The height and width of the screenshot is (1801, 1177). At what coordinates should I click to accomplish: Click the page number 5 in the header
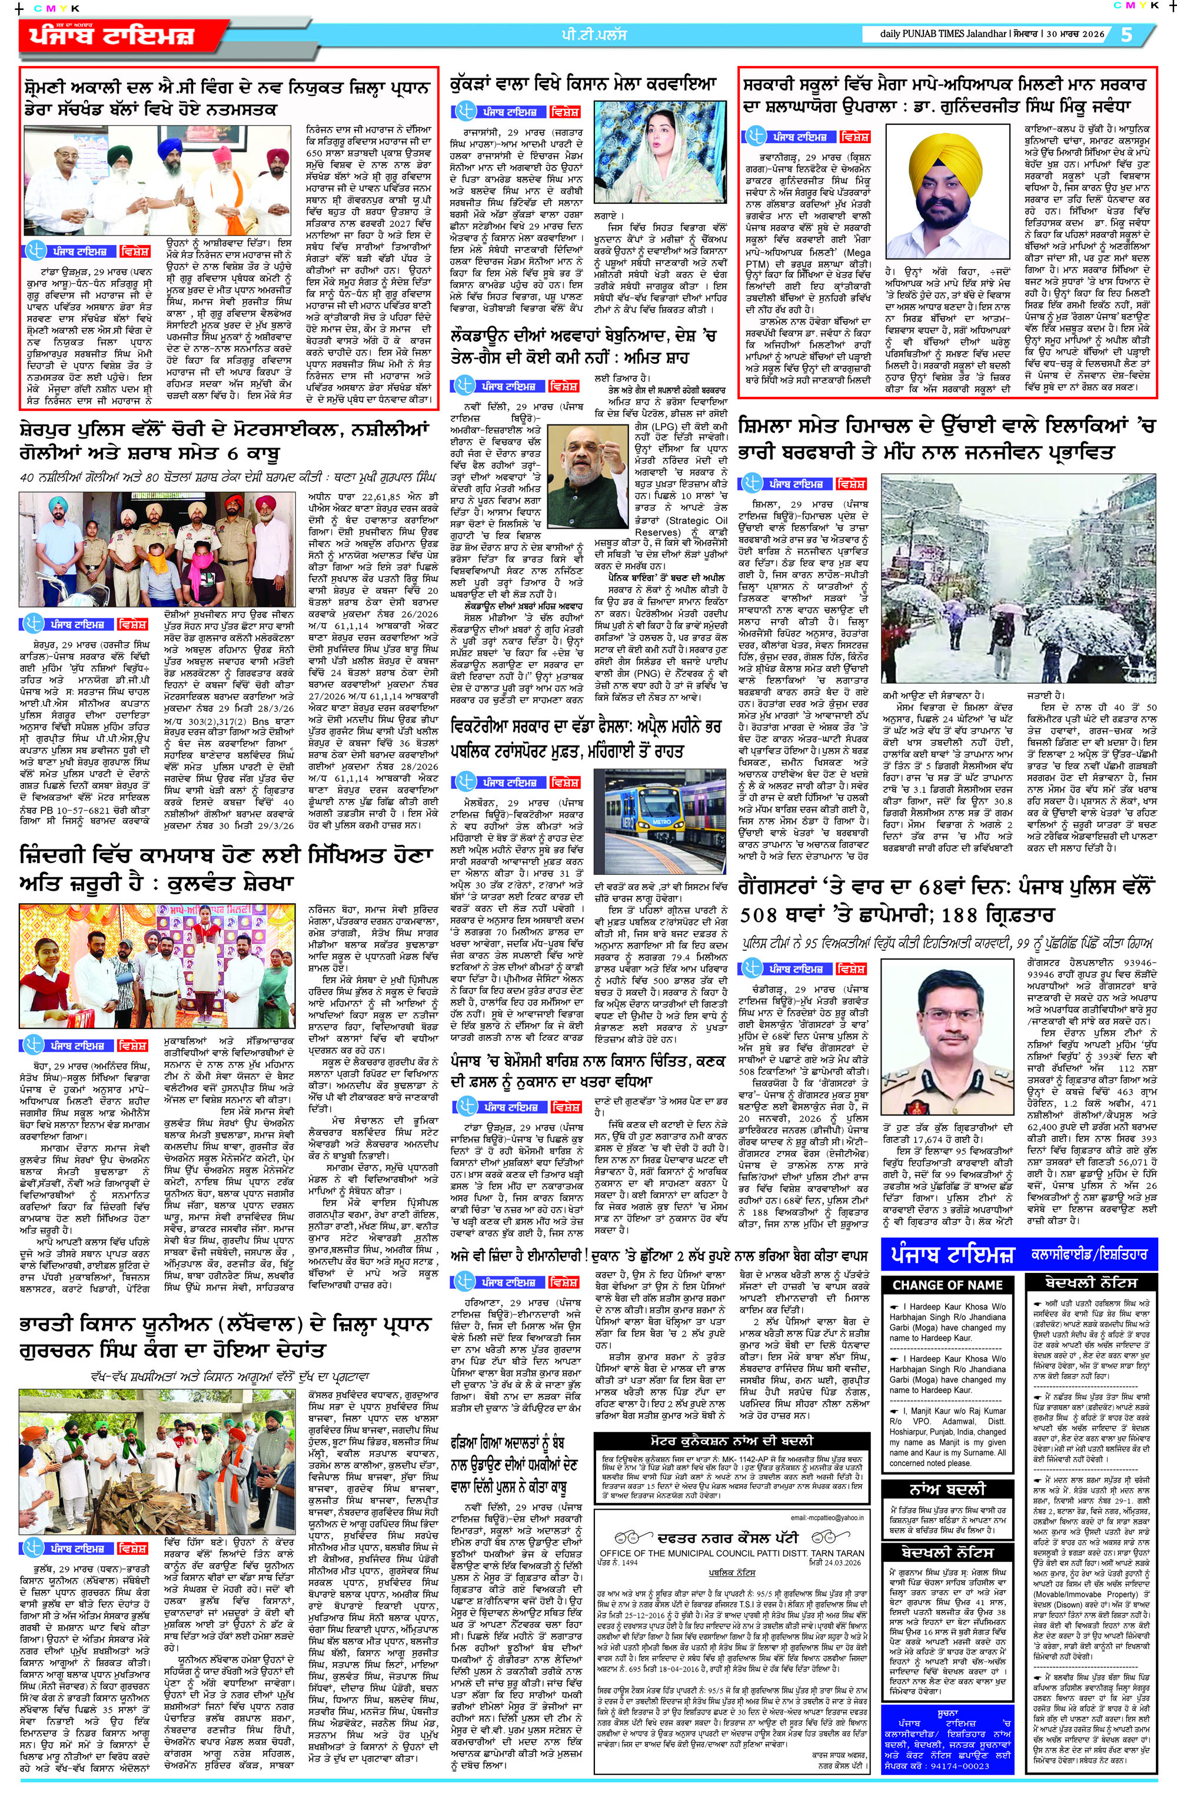point(1126,35)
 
